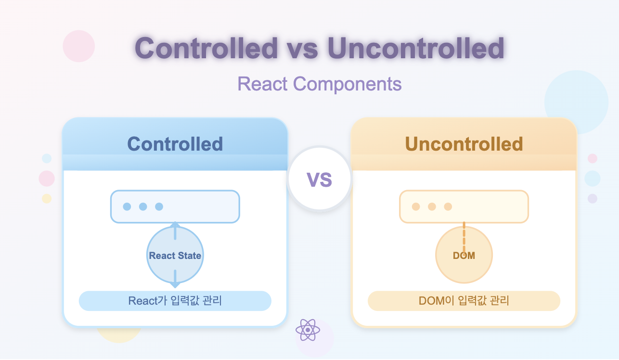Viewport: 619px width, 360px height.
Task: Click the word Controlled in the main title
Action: tap(206, 48)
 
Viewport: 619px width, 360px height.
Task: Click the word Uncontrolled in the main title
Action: tap(416, 48)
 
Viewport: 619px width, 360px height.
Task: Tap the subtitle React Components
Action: tap(320, 84)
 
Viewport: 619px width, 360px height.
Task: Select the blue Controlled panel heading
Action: tap(175, 144)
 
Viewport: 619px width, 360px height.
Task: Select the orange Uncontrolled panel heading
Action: tap(464, 144)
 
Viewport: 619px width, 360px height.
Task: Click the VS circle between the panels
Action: tap(320, 180)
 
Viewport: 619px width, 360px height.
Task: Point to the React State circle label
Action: tap(175, 256)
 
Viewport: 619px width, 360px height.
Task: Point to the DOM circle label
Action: tap(464, 256)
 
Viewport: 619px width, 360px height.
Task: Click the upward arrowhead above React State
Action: tap(175, 225)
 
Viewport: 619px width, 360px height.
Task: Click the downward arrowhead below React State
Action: tap(175, 285)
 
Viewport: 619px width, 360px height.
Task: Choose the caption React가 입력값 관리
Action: tap(175, 301)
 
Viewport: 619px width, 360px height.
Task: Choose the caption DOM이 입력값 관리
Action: tap(464, 301)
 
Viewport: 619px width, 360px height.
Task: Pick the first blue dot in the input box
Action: tap(127, 206)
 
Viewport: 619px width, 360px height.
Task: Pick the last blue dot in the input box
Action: tap(159, 206)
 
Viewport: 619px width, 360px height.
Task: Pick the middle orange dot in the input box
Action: tap(432, 206)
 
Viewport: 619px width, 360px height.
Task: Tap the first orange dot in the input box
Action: tap(416, 206)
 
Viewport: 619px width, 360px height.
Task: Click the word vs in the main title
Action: tap(303, 48)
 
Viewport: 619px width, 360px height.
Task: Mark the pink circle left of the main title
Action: tap(79, 46)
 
